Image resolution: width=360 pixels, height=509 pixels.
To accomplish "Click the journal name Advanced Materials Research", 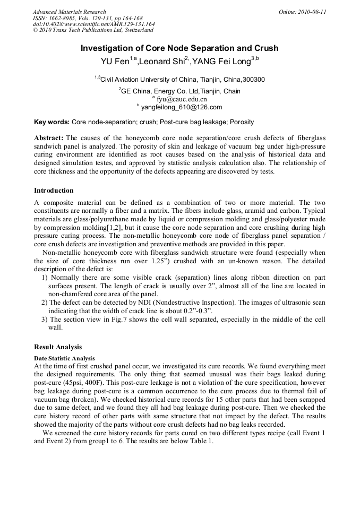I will tap(69, 12).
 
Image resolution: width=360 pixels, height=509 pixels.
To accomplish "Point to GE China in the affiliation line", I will tap(137, 91).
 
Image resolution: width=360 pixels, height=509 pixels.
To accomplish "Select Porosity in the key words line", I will tap(242, 122).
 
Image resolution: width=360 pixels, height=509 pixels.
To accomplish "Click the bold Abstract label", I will tap(49, 138).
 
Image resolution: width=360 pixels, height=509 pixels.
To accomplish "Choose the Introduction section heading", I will tap(54, 191).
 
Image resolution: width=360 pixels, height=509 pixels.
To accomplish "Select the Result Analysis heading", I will tap(58, 347).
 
